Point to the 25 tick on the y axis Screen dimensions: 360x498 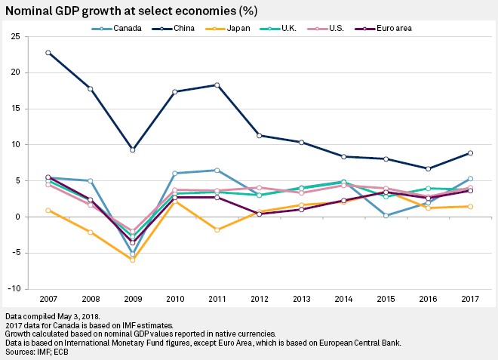point(16,36)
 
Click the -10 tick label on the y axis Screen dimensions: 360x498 point(14,289)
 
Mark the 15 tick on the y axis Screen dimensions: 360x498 point(16,109)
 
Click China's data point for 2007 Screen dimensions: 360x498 point(48,53)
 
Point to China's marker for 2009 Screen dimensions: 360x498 point(133,150)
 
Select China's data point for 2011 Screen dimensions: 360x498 point(217,85)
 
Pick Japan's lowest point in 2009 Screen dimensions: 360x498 point(133,260)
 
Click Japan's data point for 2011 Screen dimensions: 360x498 point(217,229)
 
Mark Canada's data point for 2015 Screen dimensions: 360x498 point(386,215)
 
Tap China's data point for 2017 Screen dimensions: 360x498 point(470,153)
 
